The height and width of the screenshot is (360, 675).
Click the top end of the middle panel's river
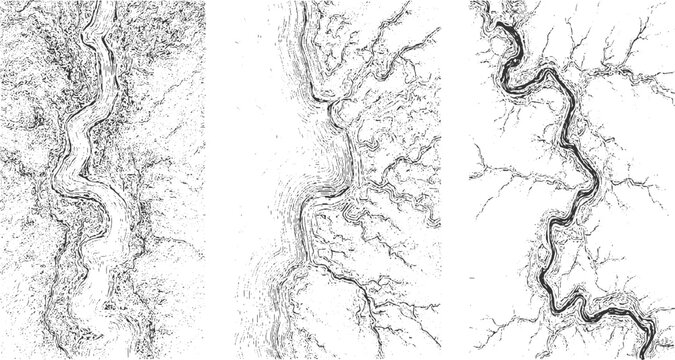tap(300, 8)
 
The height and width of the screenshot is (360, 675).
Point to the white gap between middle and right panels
tap(455, 180)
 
